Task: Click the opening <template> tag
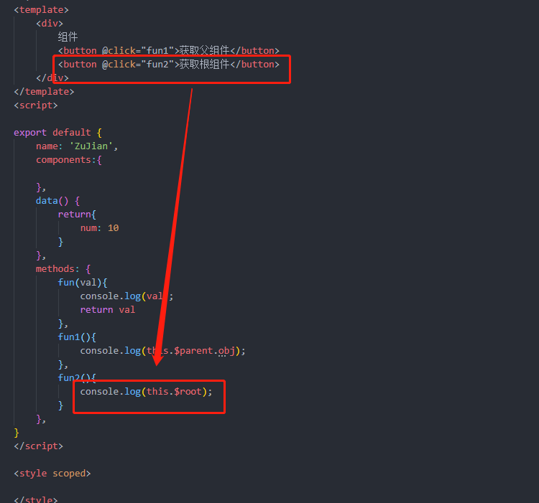[41, 10]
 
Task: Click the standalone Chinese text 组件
[68, 37]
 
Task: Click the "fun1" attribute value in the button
[157, 51]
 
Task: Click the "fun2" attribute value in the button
[157, 65]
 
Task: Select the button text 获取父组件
[205, 50]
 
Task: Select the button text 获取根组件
[205, 64]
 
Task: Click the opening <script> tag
[36, 105]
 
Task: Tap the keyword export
[30, 133]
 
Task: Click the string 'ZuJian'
[91, 146]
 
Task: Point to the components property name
[63, 160]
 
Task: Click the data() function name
[52, 201]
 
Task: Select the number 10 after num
[114, 228]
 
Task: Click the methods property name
[55, 269]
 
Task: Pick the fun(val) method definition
[83, 283]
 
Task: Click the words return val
[108, 310]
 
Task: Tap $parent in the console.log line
[193, 351]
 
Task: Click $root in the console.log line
[188, 392]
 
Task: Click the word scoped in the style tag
[69, 474]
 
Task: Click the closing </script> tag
[39, 446]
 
